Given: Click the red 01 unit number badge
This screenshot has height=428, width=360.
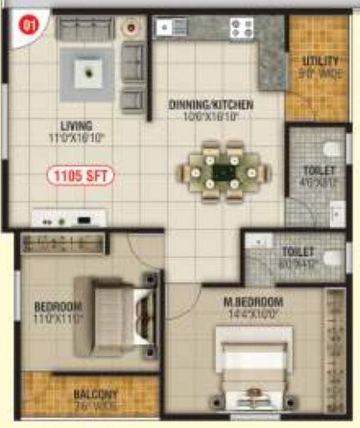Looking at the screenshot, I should tap(27, 25).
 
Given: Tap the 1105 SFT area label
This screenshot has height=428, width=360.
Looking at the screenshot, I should tap(80, 177).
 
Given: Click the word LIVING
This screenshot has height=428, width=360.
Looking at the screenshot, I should tap(77, 126).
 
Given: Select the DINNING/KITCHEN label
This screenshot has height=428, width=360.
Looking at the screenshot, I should tap(211, 105).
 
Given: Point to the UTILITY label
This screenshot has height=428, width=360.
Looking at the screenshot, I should tap(321, 62).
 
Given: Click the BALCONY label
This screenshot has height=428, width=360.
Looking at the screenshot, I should tap(96, 394).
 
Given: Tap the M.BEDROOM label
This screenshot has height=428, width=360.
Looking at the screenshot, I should tap(260, 302).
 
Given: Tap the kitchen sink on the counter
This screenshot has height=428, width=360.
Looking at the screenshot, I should tap(171, 27).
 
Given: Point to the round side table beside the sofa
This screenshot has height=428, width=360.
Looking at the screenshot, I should tap(131, 27).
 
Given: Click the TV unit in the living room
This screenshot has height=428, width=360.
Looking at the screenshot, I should tap(69, 219).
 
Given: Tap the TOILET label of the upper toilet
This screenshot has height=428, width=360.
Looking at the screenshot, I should tap(318, 171).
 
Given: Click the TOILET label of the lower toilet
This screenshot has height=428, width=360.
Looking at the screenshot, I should tap(298, 251).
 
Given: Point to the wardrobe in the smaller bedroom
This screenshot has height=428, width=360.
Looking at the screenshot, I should tap(63, 244).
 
